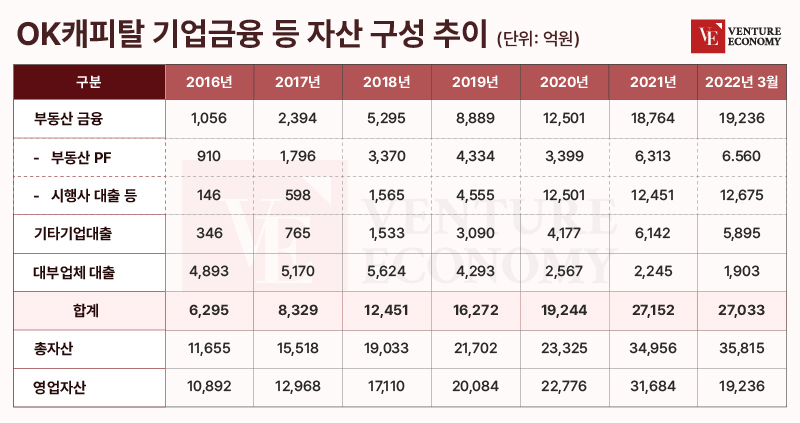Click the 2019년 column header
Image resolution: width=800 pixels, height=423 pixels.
(474, 81)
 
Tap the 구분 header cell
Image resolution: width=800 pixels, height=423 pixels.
(88, 81)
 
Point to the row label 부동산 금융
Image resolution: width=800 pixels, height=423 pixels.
(70, 119)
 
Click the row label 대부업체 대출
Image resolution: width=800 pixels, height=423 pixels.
(78, 271)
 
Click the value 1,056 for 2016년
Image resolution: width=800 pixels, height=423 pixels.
(209, 119)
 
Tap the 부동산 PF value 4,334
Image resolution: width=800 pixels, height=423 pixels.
(474, 157)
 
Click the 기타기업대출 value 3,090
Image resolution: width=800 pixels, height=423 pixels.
(474, 233)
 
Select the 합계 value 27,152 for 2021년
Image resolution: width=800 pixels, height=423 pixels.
(653, 309)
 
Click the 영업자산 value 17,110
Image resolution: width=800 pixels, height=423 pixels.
(386, 385)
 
